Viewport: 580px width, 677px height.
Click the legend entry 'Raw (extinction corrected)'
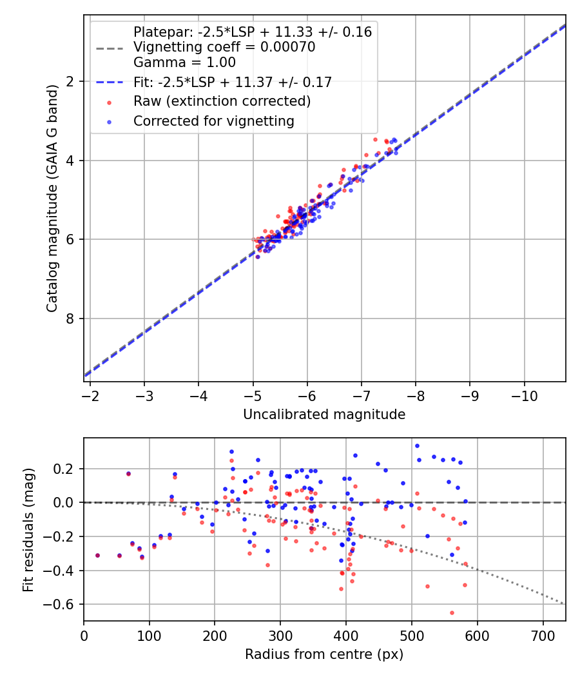click(x=222, y=101)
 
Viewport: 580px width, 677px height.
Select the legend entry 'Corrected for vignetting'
click(x=213, y=121)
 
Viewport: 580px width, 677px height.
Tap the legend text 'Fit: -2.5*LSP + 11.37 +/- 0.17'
click(x=232, y=82)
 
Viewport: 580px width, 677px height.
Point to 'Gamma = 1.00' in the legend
click(x=184, y=63)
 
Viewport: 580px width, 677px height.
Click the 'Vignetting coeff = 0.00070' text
click(x=224, y=47)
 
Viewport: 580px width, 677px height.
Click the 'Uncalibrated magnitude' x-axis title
click(x=324, y=415)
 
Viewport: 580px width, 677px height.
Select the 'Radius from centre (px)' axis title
click(x=324, y=654)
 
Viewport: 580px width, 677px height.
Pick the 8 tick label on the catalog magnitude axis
click(x=71, y=319)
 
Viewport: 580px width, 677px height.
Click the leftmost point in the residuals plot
click(x=97, y=555)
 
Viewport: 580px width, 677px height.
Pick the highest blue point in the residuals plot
click(x=417, y=446)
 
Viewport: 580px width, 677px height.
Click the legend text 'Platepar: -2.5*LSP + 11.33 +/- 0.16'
click(x=252, y=32)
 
